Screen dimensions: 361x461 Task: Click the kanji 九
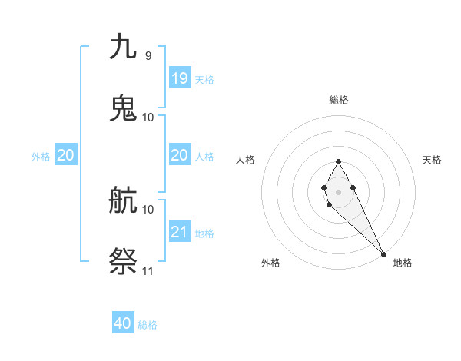click(124, 47)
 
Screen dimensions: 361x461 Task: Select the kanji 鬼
click(124, 108)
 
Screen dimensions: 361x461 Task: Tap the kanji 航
click(124, 200)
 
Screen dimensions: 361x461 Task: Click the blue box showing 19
click(180, 78)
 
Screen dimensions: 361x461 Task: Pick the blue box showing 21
click(180, 231)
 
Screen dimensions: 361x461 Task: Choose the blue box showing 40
click(123, 323)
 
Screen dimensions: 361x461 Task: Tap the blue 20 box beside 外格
click(66, 155)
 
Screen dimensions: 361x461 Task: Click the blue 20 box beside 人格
click(180, 155)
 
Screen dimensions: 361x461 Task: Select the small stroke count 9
click(148, 56)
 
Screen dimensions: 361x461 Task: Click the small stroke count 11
click(148, 271)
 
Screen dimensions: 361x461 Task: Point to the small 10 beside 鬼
click(148, 118)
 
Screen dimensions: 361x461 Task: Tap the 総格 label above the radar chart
click(339, 100)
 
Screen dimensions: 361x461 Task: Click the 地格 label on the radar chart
click(403, 263)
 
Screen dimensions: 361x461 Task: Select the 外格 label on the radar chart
click(270, 263)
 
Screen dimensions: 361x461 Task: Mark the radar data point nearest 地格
click(383, 253)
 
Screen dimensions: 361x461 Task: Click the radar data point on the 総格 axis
click(338, 161)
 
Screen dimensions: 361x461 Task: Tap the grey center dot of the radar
click(338, 190)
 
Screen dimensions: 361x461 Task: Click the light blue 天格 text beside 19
click(204, 79)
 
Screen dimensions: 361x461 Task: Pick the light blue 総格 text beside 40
click(148, 325)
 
